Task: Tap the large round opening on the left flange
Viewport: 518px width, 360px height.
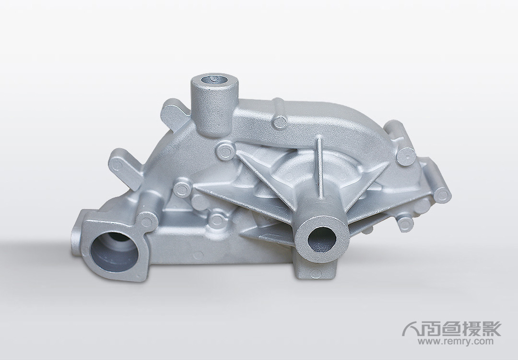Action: tap(115, 251)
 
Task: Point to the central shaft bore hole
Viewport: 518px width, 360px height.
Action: tap(322, 239)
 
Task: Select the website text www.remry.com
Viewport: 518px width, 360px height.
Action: tap(456, 342)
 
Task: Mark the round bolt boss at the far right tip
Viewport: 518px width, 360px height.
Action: tap(442, 195)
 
